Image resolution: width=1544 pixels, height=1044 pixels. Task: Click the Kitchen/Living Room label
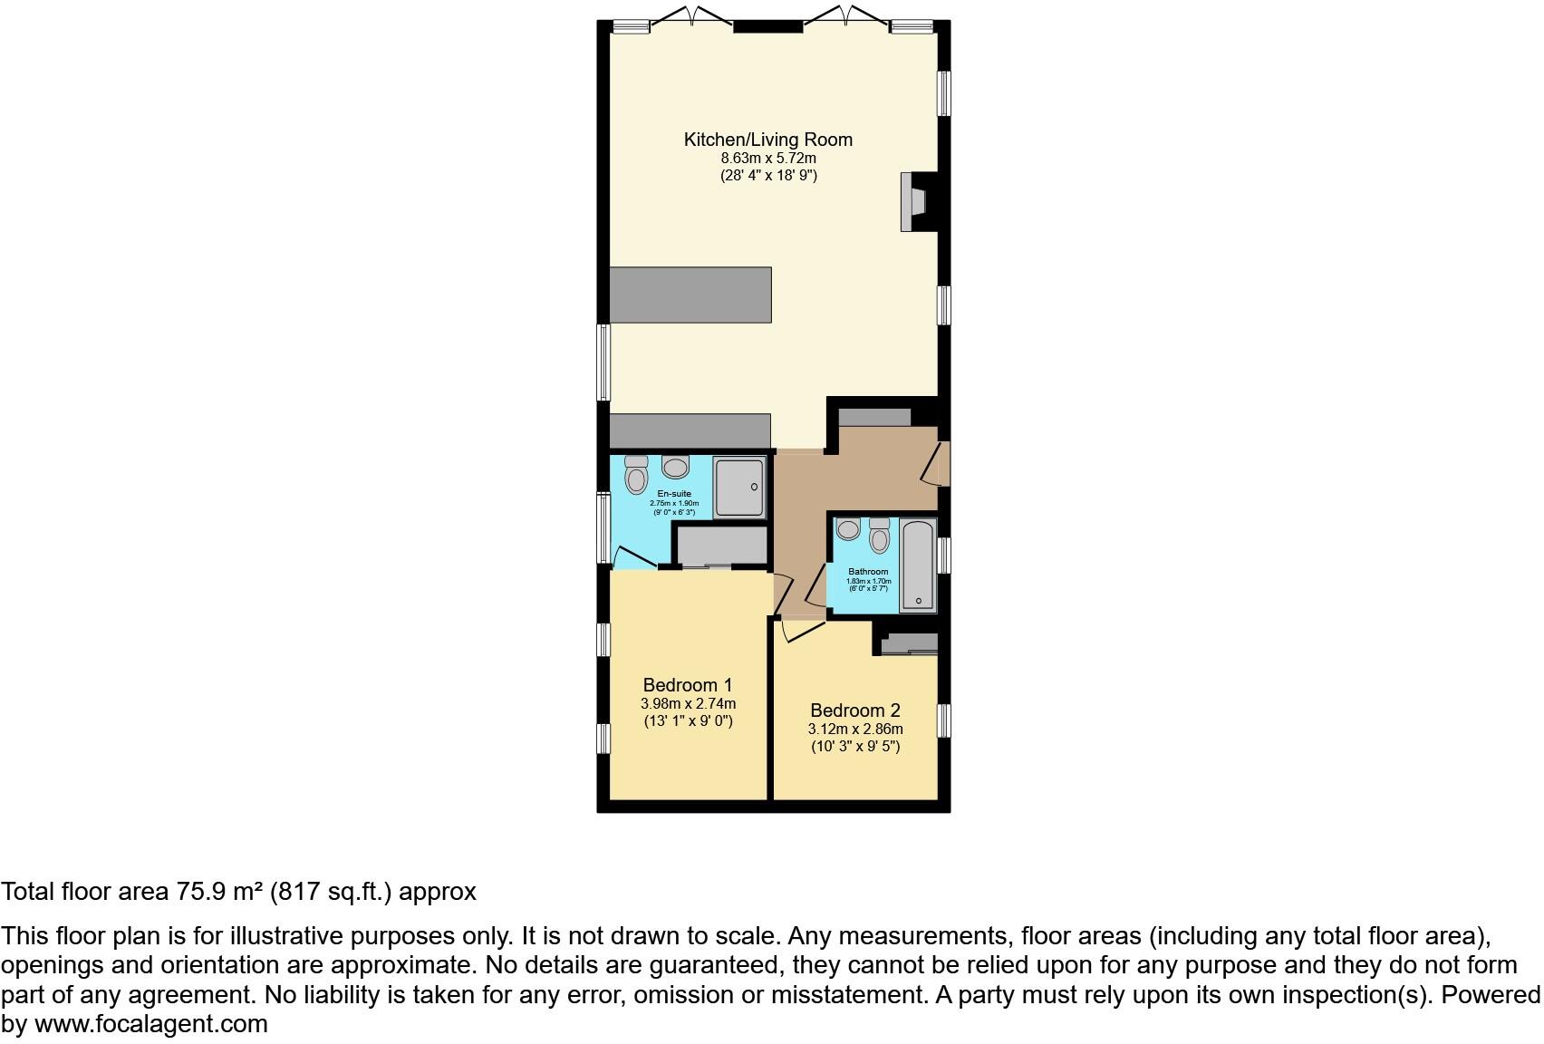[x=767, y=140]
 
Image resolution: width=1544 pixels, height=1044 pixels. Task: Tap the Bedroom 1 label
[x=688, y=685]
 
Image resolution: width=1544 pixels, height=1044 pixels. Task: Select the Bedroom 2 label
[x=855, y=710]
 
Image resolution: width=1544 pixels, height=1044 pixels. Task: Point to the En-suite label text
[x=674, y=494]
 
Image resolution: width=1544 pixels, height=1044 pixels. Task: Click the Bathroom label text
[x=868, y=572]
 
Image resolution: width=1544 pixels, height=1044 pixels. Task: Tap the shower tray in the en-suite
[x=739, y=488]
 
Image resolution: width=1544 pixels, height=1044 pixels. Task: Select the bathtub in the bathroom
[x=918, y=566]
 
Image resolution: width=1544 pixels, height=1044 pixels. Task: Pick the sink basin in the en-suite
[x=676, y=467]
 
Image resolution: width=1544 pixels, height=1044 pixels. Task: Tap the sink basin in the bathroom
[x=848, y=528]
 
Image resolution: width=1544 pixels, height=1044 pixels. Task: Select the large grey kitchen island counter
[x=690, y=295]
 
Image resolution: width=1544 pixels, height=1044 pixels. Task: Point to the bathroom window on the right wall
[x=943, y=556]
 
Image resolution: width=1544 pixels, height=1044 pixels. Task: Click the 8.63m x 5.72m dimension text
[x=768, y=159]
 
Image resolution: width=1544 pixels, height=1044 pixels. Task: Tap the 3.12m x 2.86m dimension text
[x=855, y=730]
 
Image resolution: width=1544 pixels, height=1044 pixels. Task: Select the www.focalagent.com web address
[x=151, y=1024]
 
